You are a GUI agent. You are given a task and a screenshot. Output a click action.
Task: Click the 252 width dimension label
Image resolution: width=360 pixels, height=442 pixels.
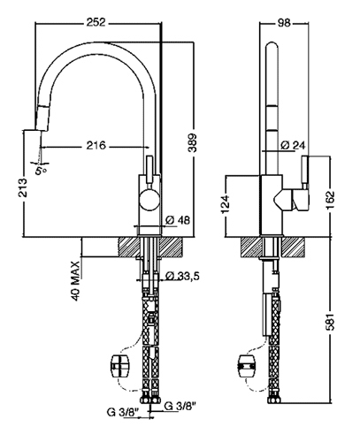pos(96,22)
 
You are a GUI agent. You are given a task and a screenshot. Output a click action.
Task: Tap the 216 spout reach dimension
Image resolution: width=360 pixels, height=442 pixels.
pos(96,145)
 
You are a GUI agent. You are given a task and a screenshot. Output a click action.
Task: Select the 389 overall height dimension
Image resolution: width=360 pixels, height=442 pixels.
pos(193,143)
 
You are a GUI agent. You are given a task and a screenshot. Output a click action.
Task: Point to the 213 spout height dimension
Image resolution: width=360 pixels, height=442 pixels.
pos(23,187)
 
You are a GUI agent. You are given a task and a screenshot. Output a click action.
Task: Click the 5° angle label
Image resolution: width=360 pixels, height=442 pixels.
pos(41,170)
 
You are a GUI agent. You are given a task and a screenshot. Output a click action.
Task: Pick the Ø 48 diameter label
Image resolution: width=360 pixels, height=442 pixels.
pos(178,220)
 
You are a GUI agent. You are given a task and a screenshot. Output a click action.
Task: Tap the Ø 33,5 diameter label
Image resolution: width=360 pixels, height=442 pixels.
pos(182,276)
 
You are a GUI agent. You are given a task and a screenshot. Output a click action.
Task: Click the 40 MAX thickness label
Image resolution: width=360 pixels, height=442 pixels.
pos(76,281)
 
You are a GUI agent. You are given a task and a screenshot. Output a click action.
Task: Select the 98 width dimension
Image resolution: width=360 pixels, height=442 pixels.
pos(284,22)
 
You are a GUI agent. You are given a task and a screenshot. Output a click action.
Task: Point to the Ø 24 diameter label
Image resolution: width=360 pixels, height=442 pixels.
pos(293,145)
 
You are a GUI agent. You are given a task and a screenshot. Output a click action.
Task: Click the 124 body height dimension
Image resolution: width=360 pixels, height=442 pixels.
pos(226,204)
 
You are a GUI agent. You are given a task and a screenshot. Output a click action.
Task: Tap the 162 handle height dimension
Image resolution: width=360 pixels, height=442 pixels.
pos(331,200)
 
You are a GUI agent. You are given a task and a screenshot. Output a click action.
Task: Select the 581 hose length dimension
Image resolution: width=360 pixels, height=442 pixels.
pos(331,321)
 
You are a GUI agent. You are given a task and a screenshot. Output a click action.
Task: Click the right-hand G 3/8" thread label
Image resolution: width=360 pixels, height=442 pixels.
pos(180,406)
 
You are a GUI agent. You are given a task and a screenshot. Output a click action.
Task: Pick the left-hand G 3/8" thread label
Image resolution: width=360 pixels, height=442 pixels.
pos(123,413)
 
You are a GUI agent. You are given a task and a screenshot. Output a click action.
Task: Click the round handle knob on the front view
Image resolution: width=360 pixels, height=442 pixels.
pos(149,200)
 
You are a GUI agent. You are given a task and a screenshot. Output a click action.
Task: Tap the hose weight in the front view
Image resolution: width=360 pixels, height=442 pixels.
pos(120,366)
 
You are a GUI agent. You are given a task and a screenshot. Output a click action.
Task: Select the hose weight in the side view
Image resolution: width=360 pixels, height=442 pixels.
pos(247,366)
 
